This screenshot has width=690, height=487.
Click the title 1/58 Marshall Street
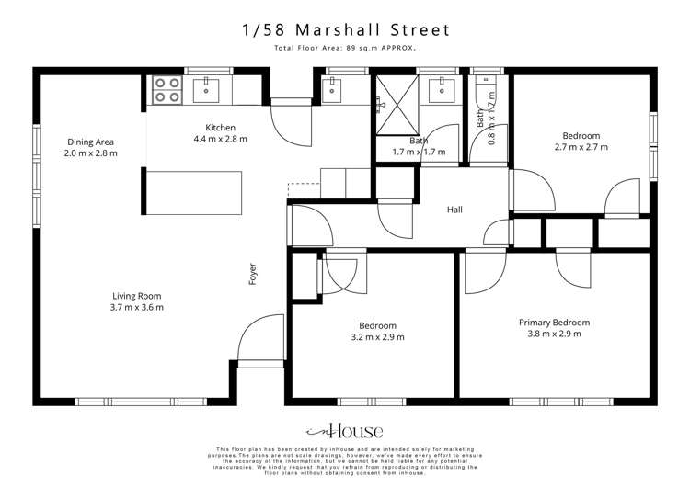pyautogui.click(x=345, y=30)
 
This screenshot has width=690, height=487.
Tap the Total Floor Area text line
pyautogui.click(x=345, y=48)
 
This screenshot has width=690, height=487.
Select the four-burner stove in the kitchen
pyautogui.click(x=167, y=90)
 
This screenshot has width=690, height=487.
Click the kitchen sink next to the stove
pyautogui.click(x=208, y=89)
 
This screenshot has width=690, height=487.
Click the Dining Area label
pyautogui.click(x=90, y=142)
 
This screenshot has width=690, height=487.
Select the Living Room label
pyautogui.click(x=137, y=296)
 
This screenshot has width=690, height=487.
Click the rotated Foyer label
pyautogui.click(x=253, y=274)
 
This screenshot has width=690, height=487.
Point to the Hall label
pyautogui.click(x=454, y=210)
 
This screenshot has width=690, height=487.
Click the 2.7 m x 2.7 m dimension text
pyautogui.click(x=581, y=147)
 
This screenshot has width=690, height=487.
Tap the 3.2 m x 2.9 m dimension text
pyautogui.click(x=377, y=337)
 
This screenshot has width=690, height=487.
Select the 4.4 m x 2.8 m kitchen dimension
pyautogui.click(x=220, y=139)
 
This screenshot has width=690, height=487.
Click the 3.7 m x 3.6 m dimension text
pyautogui.click(x=137, y=308)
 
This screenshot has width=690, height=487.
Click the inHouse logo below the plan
pyautogui.click(x=345, y=431)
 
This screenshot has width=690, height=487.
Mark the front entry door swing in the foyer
pyautogui.click(x=261, y=340)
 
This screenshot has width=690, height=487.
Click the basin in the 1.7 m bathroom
pyautogui.click(x=443, y=89)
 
